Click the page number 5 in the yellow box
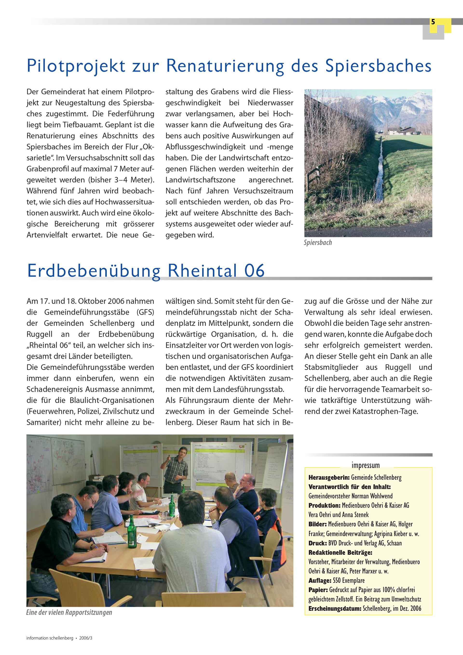point(433,22)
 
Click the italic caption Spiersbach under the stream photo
point(318,243)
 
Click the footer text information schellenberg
point(50,638)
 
